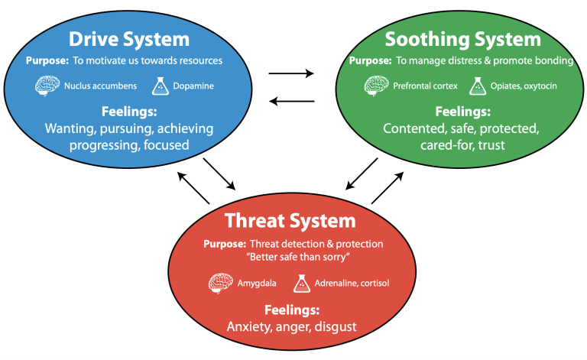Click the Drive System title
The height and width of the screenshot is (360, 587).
(x=129, y=40)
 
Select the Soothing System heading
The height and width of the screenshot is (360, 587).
(x=462, y=40)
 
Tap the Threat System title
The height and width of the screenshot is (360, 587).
(x=290, y=221)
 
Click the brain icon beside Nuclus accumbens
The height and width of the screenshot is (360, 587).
(x=47, y=86)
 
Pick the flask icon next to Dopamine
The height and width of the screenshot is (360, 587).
(x=161, y=86)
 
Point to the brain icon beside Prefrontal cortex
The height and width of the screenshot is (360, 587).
(x=376, y=86)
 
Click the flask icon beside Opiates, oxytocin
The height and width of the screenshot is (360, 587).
(x=478, y=86)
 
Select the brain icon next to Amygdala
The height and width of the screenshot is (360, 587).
(x=220, y=283)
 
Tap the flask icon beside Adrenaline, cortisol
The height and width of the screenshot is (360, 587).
(x=302, y=284)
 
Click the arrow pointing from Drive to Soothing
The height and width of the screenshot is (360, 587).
(x=291, y=73)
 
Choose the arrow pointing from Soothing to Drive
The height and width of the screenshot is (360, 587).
(x=292, y=101)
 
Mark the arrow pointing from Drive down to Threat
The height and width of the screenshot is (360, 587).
(x=219, y=174)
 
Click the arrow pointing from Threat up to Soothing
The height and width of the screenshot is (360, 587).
(x=388, y=188)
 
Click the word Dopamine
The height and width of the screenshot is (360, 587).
(x=193, y=86)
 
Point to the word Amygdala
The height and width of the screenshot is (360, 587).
(x=257, y=284)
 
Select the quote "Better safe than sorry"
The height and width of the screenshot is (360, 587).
(x=298, y=257)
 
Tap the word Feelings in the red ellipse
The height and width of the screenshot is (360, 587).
(x=292, y=310)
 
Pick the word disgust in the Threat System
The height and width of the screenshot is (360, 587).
(x=336, y=326)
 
